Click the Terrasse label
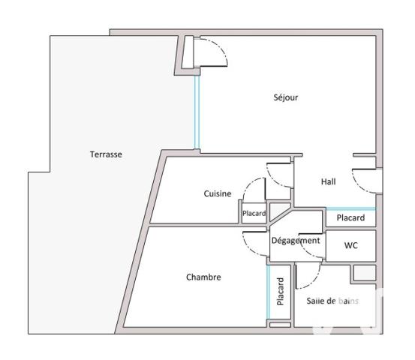(x=106, y=154)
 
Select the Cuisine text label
(x=218, y=193)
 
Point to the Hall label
(x=328, y=181)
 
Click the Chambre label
(x=203, y=277)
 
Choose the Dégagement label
(x=295, y=241)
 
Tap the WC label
(x=350, y=245)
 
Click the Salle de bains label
(x=332, y=301)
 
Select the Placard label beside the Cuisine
(x=254, y=214)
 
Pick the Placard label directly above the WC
(x=350, y=218)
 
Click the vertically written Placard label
(x=280, y=292)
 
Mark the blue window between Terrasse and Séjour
(x=197, y=112)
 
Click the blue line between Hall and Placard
(x=350, y=208)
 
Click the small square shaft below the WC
(x=363, y=272)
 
